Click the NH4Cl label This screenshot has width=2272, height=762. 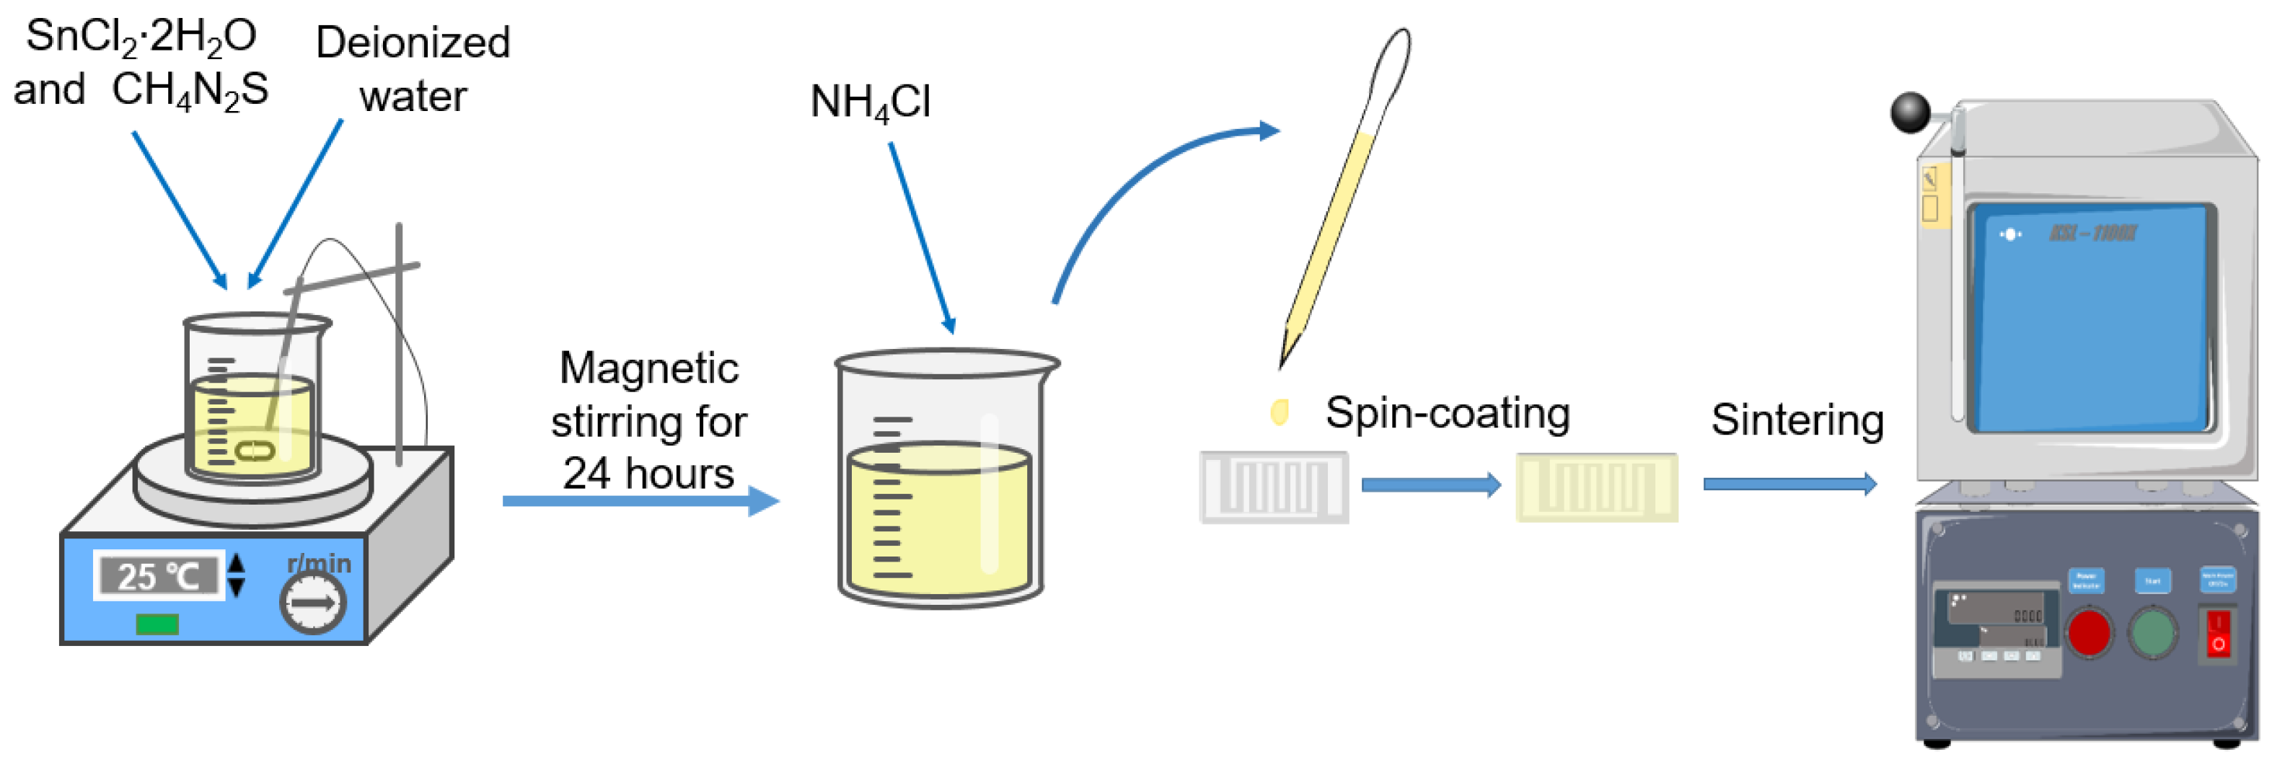pos(870,103)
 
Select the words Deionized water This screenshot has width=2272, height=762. pos(413,68)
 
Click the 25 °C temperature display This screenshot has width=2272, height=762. pos(159,576)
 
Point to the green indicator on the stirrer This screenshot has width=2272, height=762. pos(157,624)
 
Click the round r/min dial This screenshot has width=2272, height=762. pos(312,603)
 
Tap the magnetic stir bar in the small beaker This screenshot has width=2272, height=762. pos(255,450)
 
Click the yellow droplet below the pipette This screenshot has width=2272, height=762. pos(1279,411)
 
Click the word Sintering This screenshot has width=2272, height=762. pos(1797,420)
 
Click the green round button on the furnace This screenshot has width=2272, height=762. pos(2152,632)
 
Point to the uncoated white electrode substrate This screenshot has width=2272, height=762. pos(1274,487)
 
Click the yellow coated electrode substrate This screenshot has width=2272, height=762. pos(1596,487)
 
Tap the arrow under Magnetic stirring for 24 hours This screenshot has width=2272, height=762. pos(640,501)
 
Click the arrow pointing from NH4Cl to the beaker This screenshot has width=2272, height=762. pos(922,238)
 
